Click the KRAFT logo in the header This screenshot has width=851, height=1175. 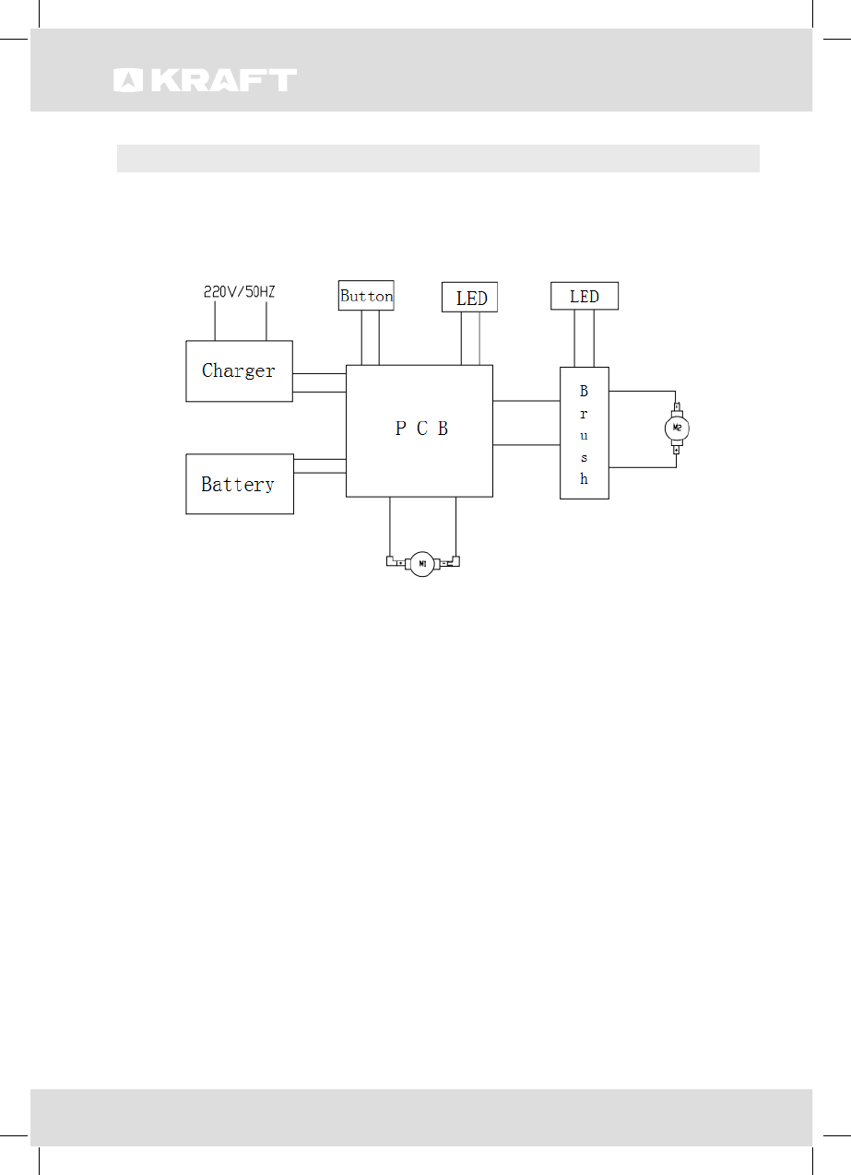point(206,80)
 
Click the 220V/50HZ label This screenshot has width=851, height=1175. point(239,292)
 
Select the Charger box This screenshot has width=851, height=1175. point(239,371)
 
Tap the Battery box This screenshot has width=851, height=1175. point(239,484)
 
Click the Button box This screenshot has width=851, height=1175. point(366,296)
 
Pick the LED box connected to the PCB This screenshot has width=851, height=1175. point(470,298)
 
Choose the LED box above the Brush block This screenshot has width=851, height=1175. point(584,296)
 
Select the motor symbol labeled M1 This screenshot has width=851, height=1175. point(422,562)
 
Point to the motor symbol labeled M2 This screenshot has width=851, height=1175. point(677,428)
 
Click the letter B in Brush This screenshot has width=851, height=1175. point(584,392)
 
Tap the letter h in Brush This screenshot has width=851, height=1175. point(584,479)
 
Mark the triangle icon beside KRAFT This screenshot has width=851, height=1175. point(127,81)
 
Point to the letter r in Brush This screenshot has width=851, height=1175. point(584,414)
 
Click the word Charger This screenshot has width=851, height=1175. point(238,371)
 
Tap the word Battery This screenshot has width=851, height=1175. point(238,484)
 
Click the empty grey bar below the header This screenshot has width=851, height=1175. point(437,159)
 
